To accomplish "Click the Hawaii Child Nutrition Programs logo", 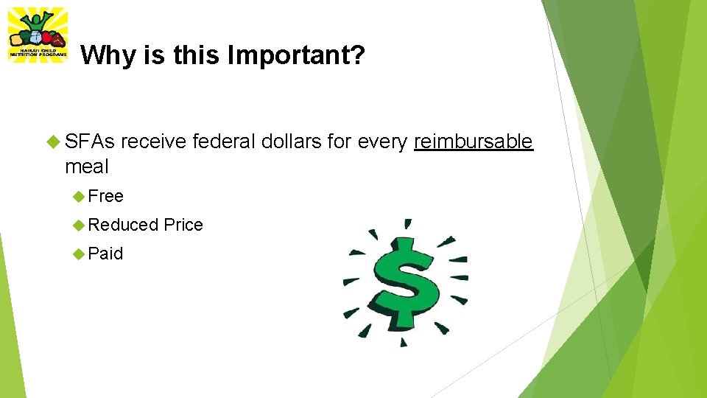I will [x=37, y=35].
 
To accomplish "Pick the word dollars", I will [x=292, y=142].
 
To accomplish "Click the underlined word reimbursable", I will [x=473, y=142].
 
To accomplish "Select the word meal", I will [x=86, y=167].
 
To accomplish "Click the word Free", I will [x=106, y=196].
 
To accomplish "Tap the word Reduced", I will [x=123, y=225].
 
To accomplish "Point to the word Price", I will [x=183, y=225].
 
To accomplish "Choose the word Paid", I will [x=106, y=254].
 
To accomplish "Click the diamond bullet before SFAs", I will [x=53, y=142].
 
